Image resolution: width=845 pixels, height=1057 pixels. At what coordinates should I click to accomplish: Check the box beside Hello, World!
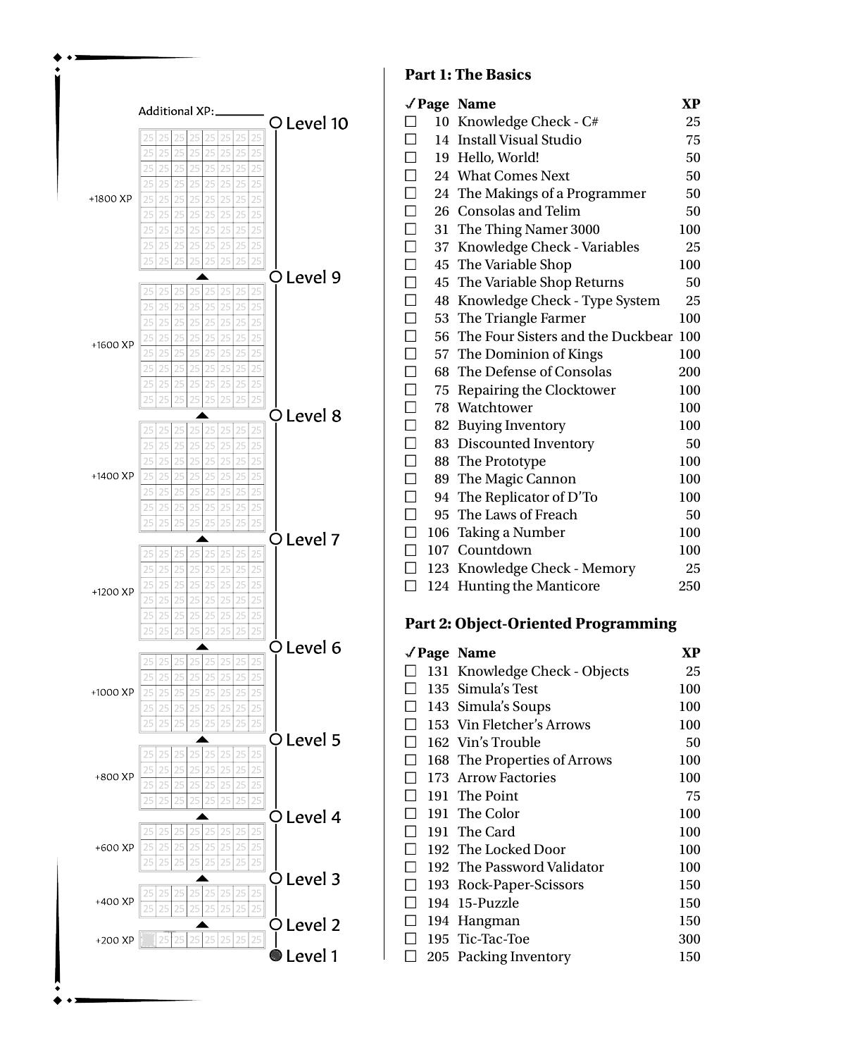[x=411, y=158]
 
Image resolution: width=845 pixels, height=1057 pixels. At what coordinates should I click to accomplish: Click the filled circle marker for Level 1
[x=276, y=956]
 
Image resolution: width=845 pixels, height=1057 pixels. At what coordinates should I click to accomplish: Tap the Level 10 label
[x=317, y=123]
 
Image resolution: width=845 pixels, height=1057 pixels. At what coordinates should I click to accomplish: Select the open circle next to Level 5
[x=276, y=739]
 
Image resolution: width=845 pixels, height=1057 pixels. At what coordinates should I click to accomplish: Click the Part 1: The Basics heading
[x=468, y=75]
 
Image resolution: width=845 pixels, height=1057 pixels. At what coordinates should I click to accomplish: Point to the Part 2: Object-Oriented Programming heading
[x=540, y=624]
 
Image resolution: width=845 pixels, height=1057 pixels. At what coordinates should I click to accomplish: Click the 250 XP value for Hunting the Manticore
[x=689, y=586]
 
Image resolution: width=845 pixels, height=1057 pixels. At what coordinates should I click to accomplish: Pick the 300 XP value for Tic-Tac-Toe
[x=689, y=939]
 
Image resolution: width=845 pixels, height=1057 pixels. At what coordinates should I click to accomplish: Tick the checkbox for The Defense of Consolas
[x=411, y=372]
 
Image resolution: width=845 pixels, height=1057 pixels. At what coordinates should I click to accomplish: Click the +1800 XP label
[x=111, y=199]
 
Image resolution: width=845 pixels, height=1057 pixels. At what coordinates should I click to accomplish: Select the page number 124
[x=437, y=586]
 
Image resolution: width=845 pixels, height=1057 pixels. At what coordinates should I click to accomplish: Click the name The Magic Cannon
[x=516, y=479]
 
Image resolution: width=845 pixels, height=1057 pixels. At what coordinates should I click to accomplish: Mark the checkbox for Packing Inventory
[x=411, y=956]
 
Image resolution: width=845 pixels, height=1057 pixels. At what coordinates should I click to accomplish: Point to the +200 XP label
[x=115, y=940]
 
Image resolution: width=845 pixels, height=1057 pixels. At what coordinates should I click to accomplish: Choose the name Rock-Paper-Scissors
[x=520, y=885]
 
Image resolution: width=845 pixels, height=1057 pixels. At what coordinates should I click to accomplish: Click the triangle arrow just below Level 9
[x=202, y=277]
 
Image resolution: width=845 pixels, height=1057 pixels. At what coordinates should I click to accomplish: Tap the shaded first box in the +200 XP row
[x=148, y=939]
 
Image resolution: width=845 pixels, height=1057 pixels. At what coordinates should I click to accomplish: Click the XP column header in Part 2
[x=691, y=653]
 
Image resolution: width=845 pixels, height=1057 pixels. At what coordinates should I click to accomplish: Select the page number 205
[x=437, y=956]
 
